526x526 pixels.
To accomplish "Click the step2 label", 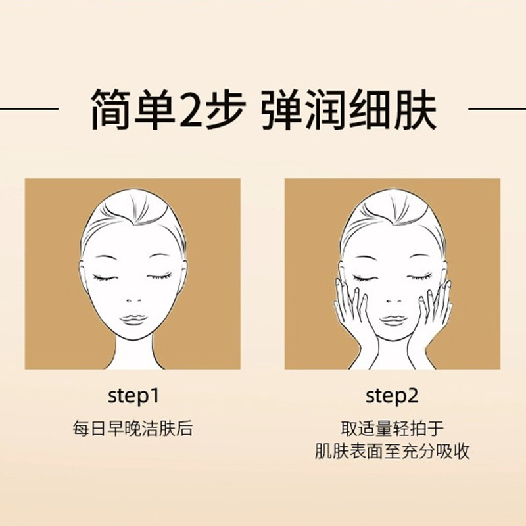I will tap(392, 396).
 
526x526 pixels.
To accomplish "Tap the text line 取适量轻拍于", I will tap(392, 429).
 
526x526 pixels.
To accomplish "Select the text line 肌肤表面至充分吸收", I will tap(392, 452).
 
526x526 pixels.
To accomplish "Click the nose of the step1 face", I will tap(133, 299).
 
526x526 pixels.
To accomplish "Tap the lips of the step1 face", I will tap(133, 319).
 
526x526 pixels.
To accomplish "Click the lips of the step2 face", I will tap(393, 319).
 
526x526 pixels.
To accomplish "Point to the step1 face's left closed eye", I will tap(105, 277).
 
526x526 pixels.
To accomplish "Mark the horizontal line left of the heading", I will tap(30, 108).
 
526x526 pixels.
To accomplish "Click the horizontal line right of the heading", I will tap(496, 108).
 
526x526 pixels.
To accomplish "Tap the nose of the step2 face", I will tap(393, 299).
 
